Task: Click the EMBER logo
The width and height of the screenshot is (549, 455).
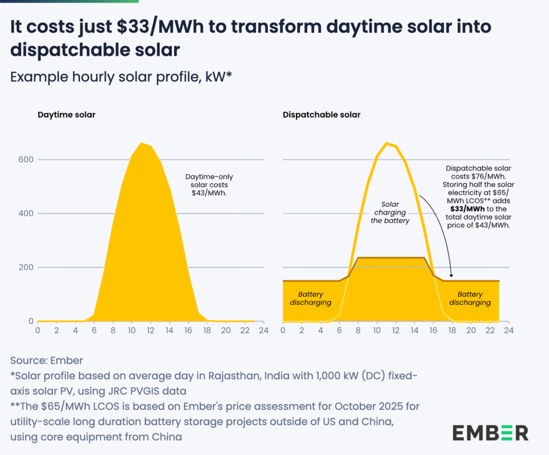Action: [x=490, y=432]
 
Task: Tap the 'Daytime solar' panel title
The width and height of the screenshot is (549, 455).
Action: [x=66, y=115]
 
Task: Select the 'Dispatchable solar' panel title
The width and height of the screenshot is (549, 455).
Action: [x=322, y=115]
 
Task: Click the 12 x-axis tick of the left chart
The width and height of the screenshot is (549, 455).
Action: [x=151, y=331]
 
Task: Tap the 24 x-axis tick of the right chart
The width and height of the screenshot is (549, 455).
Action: [x=508, y=331]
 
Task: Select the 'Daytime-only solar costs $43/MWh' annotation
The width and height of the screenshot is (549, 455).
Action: [x=209, y=185]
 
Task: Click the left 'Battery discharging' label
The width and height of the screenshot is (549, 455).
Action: [x=310, y=298]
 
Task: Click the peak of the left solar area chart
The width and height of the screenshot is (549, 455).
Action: [x=142, y=144]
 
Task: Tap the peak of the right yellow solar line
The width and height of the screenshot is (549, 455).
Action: [x=387, y=143]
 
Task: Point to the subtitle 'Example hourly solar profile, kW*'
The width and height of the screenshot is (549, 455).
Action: [x=121, y=76]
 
